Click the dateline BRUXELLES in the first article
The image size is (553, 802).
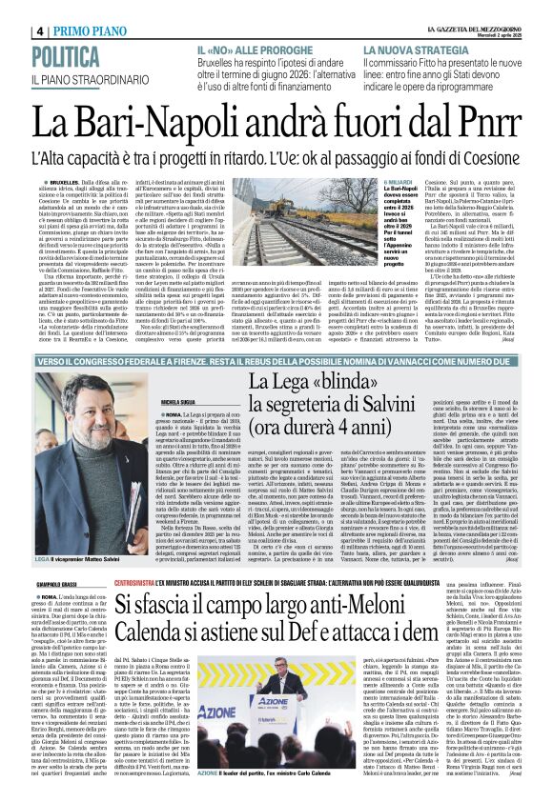pos(68,179)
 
